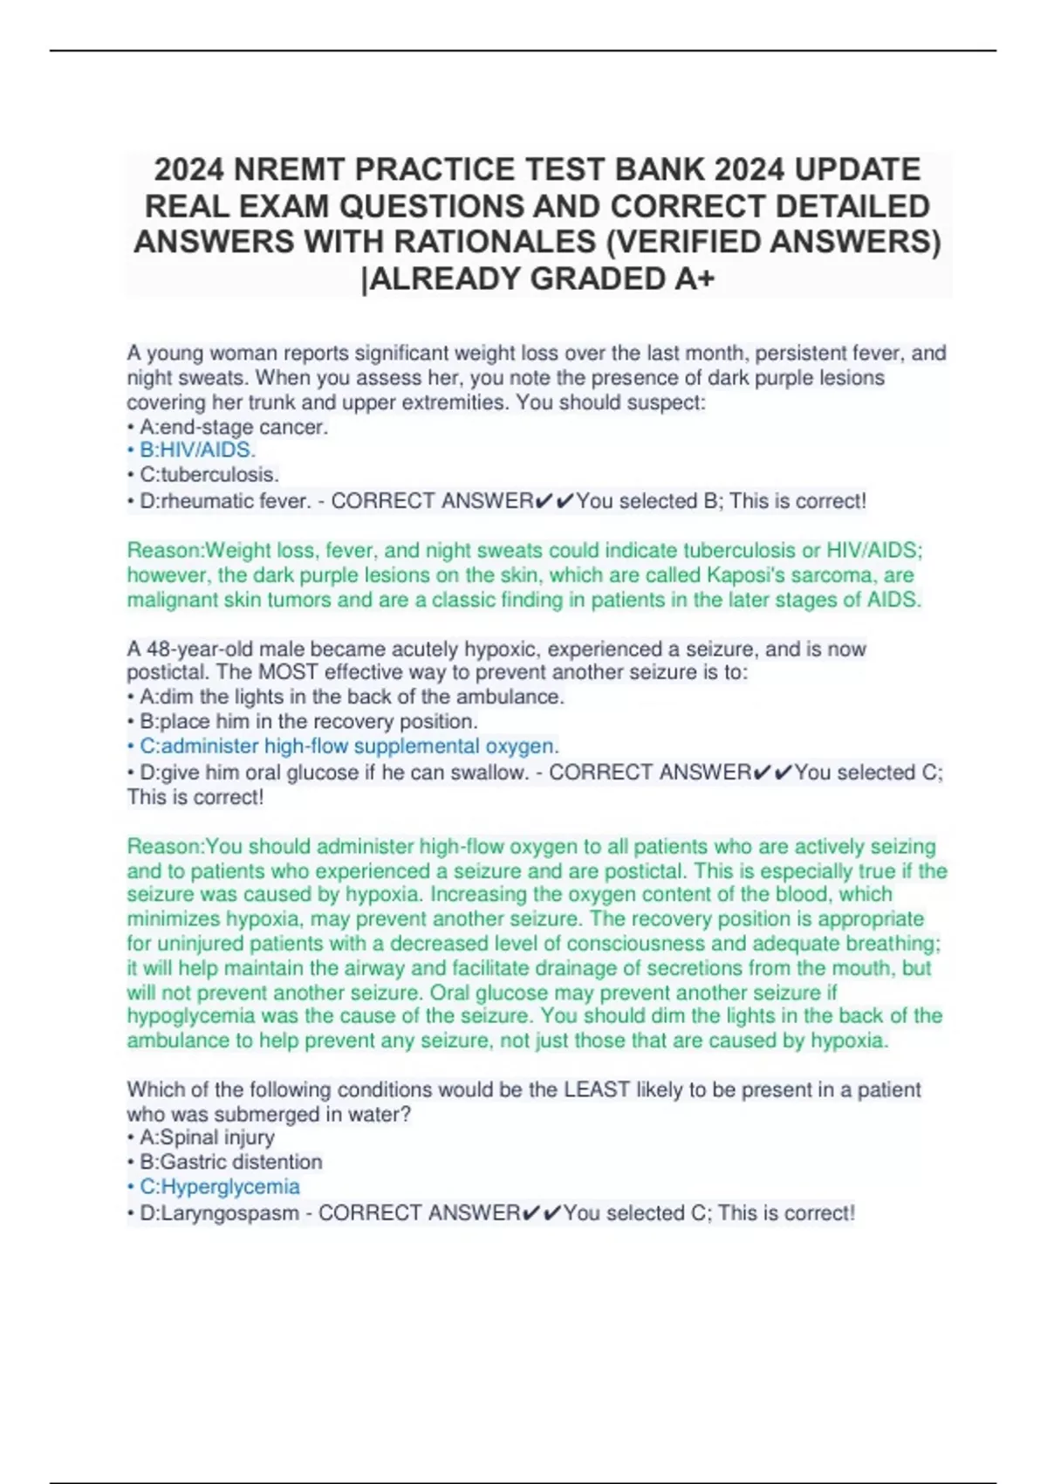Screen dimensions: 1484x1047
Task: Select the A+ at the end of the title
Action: pyautogui.click(x=695, y=278)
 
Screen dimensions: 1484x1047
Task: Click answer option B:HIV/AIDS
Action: pyautogui.click(x=196, y=450)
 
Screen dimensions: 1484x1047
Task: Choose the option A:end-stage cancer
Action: pyautogui.click(x=233, y=427)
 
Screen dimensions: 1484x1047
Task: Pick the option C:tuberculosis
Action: pyautogui.click(x=209, y=475)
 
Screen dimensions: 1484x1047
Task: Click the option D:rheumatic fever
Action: pyautogui.click(x=224, y=501)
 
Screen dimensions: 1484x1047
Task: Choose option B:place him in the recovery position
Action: pyautogui.click(x=308, y=722)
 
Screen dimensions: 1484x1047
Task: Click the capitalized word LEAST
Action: pyautogui.click(x=597, y=1089)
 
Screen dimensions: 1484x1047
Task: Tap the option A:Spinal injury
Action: pyautogui.click(x=207, y=1137)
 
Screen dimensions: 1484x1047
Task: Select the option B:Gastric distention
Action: pyautogui.click(x=230, y=1162)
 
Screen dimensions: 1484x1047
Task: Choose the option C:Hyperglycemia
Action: pyautogui.click(x=219, y=1187)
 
